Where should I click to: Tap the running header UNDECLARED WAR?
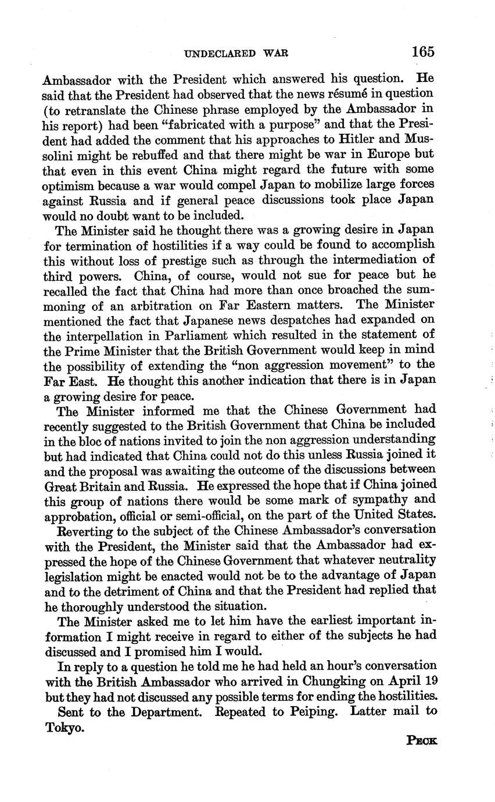pyautogui.click(x=236, y=53)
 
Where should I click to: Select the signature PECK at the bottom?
pyautogui.click(x=422, y=740)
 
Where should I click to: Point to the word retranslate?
pyautogui.click(x=95, y=109)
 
